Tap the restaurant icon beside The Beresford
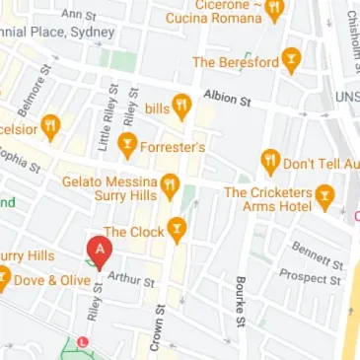tap(291, 60)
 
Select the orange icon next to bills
tap(181, 107)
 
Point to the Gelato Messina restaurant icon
tap(170, 184)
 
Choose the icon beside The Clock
tap(177, 231)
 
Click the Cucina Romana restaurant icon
tap(275, 9)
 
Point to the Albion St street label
tap(227, 98)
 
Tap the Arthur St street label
tap(131, 280)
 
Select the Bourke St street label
tap(240, 302)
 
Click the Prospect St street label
tap(310, 279)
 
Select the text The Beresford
tap(236, 61)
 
